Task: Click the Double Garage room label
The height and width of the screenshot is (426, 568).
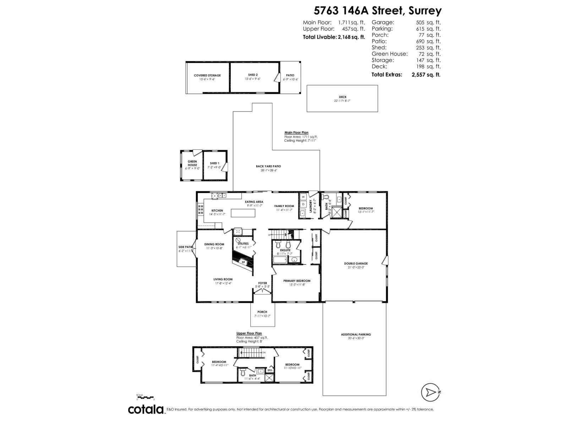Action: tap(356, 263)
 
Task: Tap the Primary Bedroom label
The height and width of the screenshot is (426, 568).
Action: tap(297, 281)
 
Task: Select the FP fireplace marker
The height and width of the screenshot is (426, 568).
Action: tap(244, 262)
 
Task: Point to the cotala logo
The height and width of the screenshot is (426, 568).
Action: tap(146, 409)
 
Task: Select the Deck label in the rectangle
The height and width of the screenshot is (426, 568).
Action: tap(343, 97)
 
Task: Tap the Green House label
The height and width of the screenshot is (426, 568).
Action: tap(192, 163)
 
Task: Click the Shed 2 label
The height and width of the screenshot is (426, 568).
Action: tap(253, 75)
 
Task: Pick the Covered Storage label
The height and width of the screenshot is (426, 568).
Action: tap(207, 75)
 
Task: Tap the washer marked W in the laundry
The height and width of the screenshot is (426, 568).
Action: tap(304, 196)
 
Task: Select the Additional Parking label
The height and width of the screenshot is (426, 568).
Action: tap(356, 334)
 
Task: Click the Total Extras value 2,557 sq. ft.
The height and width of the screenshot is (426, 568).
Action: tap(426, 75)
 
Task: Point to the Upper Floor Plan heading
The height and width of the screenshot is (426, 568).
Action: tap(249, 333)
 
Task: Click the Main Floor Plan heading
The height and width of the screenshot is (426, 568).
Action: tap(296, 132)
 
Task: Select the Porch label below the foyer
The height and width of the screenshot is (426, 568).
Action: tap(262, 312)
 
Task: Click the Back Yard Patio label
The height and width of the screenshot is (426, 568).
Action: tap(268, 166)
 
